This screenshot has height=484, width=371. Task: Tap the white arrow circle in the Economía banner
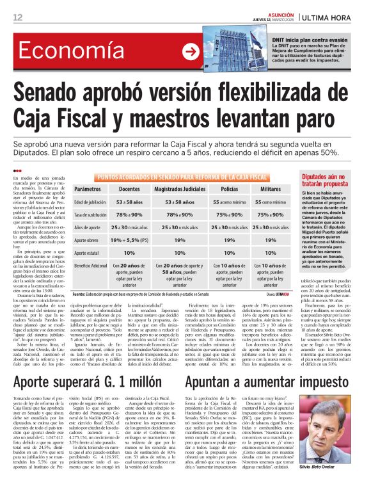(191, 52)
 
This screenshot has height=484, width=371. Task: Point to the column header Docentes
(130, 190)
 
